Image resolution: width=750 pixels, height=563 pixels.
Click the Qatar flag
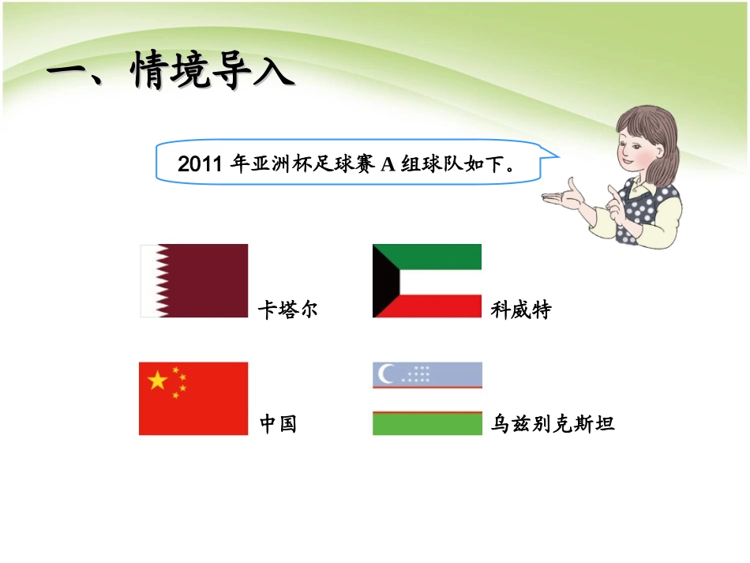(194, 280)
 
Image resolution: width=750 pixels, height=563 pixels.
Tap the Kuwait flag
(427, 280)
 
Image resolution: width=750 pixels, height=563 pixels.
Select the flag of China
(193, 398)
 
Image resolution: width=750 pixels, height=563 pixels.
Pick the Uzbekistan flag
(427, 398)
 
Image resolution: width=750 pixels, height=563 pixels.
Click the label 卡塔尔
(287, 309)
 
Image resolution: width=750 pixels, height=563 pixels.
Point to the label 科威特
(520, 309)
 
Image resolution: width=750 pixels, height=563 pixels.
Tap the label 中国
(278, 424)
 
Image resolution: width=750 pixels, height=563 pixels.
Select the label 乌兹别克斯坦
(552, 424)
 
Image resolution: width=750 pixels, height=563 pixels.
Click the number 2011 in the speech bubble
(201, 165)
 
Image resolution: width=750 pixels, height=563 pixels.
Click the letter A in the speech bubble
(387, 165)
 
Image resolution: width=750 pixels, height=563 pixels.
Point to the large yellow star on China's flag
(158, 381)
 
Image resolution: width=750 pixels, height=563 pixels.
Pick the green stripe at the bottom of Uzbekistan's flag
(427, 425)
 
